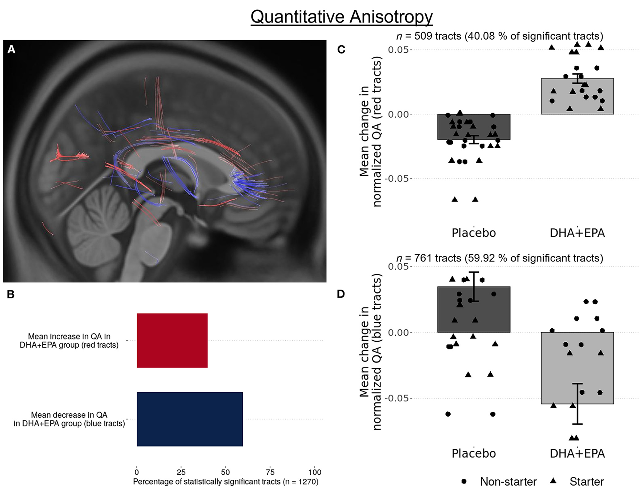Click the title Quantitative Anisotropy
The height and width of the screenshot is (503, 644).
341,17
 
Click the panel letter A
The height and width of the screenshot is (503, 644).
11,49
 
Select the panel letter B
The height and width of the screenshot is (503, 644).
11,294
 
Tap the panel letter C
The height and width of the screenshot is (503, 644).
341,49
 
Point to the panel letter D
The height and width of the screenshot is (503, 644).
341,294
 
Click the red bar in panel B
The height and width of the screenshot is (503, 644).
172,340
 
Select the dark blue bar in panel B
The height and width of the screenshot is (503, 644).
189,419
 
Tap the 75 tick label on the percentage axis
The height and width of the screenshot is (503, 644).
270,472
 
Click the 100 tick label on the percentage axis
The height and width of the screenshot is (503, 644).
315,472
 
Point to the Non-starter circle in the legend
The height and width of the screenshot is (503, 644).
464,481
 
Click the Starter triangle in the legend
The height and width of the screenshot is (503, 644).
553,481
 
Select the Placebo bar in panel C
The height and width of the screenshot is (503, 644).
474,127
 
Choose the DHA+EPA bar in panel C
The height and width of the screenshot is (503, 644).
577,96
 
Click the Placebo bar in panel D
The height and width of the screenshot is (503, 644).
474,309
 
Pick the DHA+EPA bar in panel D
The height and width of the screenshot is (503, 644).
577,368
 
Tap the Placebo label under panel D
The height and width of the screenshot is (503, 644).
474,453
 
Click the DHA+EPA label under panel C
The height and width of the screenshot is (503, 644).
577,233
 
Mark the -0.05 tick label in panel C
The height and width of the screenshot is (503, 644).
398,179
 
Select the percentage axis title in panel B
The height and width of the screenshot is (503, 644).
225,482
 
